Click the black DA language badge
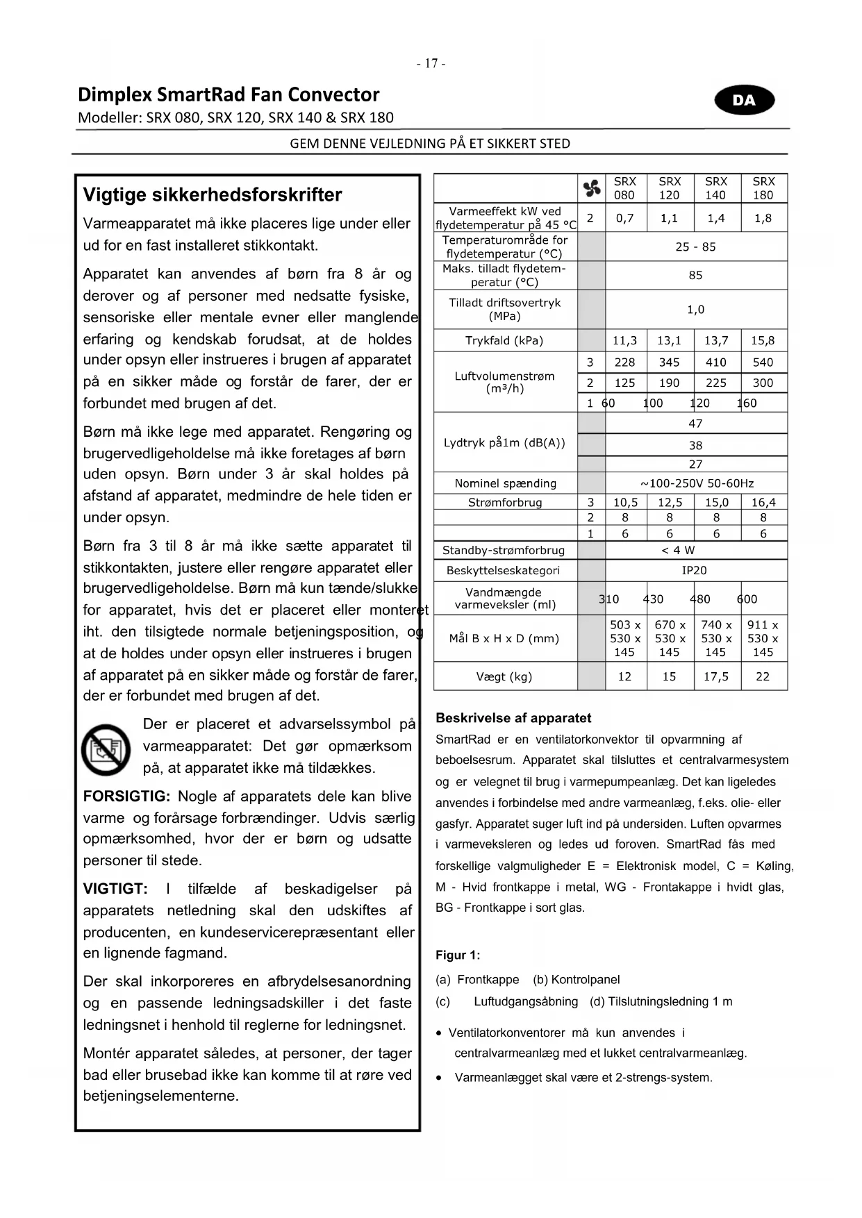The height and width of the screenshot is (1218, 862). click(x=744, y=100)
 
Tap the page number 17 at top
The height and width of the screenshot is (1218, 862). click(x=431, y=63)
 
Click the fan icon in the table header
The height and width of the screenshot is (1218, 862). click(x=592, y=188)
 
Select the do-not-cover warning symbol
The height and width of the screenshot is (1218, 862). click(x=106, y=750)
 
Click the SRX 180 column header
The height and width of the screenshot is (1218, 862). click(x=763, y=188)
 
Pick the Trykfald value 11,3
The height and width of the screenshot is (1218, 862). click(x=624, y=340)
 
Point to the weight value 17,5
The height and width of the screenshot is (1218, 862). click(x=716, y=676)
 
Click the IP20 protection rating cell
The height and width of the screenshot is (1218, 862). click(x=695, y=570)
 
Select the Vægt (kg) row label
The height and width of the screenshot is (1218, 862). click(x=504, y=676)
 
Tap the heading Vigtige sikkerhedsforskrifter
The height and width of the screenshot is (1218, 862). click(x=213, y=195)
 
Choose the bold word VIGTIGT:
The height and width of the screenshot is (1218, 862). click(x=115, y=889)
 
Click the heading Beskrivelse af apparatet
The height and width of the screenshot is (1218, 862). click(x=513, y=718)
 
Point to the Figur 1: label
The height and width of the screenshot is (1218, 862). click(x=458, y=955)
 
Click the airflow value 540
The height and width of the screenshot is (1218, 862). click(x=763, y=362)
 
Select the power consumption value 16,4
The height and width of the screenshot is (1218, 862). click(x=763, y=502)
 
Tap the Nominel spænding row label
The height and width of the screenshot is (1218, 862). click(x=505, y=483)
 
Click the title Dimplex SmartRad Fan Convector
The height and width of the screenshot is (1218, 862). click(x=229, y=94)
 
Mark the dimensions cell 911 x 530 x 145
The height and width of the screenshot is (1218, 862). click(x=763, y=638)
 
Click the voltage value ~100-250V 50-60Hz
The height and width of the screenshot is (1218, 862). click(x=696, y=483)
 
